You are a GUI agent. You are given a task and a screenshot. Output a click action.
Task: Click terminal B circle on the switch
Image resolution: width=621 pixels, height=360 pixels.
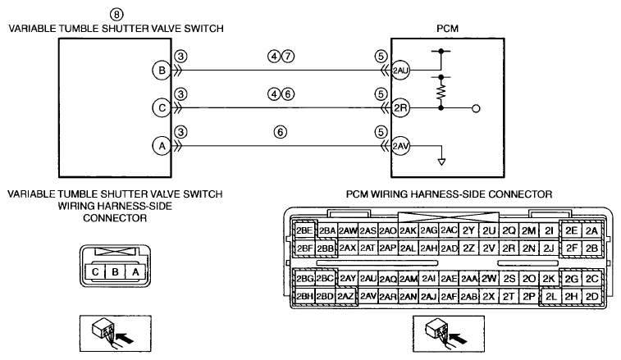162,71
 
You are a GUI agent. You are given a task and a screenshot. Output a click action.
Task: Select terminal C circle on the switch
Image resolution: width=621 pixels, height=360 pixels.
162,108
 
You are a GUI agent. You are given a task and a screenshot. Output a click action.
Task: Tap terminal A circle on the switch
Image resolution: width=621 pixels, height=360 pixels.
162,146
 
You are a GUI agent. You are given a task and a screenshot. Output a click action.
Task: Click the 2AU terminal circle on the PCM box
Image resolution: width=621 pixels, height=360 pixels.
400,71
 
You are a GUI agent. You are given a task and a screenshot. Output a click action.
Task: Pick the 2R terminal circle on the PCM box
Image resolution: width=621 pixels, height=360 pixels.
400,108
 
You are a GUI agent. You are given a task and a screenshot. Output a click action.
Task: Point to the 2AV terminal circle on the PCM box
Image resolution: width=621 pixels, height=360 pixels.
400,146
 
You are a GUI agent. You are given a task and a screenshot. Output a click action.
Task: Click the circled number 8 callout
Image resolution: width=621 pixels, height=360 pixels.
116,14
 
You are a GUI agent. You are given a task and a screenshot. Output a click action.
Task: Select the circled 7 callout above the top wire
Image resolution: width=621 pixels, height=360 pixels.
288,57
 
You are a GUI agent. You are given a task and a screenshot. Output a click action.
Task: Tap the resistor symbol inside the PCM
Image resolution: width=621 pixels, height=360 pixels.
441,92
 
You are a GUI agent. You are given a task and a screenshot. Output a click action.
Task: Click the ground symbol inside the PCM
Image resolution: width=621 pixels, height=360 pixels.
441,162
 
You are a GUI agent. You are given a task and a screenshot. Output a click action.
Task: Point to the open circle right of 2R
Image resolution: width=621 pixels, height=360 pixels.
477,108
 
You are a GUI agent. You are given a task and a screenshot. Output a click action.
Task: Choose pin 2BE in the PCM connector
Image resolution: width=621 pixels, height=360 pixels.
304,230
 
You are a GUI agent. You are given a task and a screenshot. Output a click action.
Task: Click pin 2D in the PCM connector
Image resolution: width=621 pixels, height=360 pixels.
591,296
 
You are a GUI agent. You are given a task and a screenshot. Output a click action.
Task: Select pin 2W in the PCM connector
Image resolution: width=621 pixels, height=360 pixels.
489,279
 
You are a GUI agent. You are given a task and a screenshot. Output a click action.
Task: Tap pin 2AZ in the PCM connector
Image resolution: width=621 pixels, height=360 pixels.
345,296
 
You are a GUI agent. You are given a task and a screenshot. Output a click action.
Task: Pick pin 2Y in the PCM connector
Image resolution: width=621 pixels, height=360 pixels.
468,230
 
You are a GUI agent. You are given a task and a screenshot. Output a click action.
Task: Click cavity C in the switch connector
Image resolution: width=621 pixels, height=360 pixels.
95,272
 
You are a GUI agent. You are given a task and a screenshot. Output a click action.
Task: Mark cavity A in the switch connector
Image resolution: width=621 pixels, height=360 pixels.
135,272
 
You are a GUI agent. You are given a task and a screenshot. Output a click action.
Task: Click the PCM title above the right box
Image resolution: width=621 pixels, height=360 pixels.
448,29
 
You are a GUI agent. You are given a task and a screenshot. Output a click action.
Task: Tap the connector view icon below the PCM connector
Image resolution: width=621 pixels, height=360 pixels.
449,334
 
